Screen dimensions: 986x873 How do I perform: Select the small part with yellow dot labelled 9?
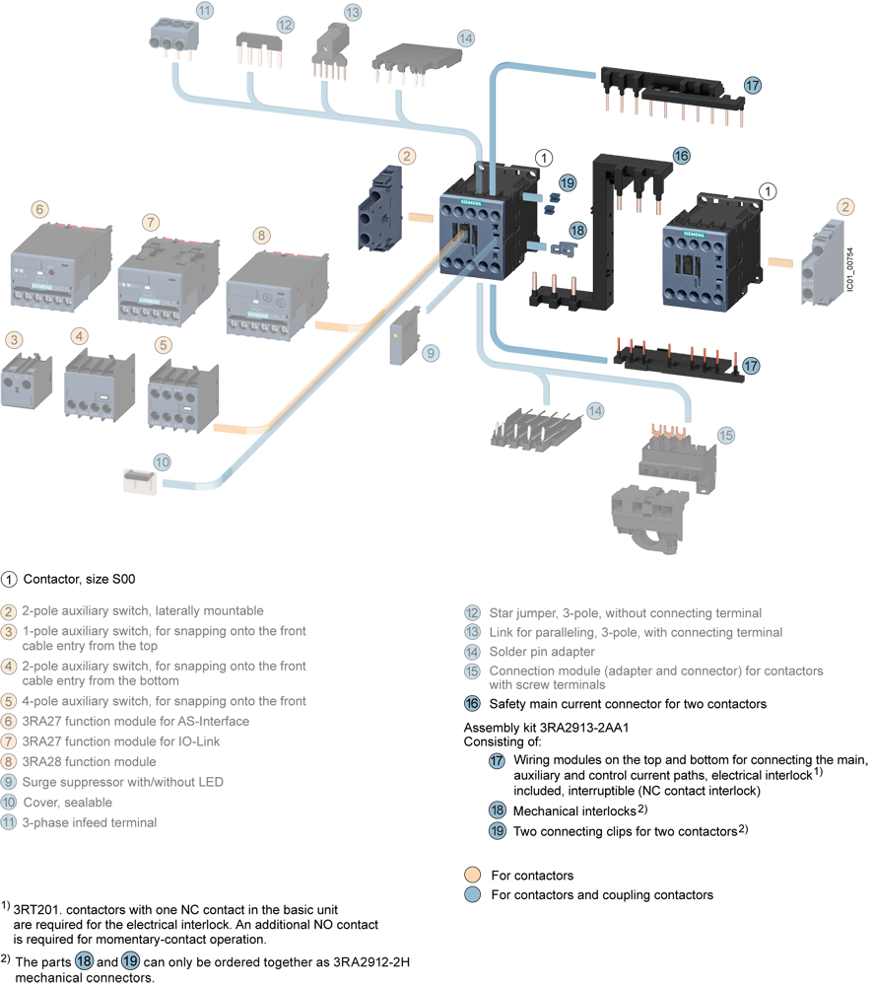[404, 335]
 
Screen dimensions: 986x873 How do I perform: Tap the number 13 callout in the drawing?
[353, 14]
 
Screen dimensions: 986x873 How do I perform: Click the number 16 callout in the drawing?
[682, 155]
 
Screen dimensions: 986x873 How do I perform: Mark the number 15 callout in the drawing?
[726, 435]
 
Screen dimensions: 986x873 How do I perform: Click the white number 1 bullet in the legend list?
[9, 579]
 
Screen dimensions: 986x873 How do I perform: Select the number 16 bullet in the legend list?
[472, 704]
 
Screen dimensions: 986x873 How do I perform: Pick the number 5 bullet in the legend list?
[9, 701]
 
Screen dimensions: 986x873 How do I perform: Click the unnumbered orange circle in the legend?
[472, 875]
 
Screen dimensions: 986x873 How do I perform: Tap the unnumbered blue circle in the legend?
[472, 894]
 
